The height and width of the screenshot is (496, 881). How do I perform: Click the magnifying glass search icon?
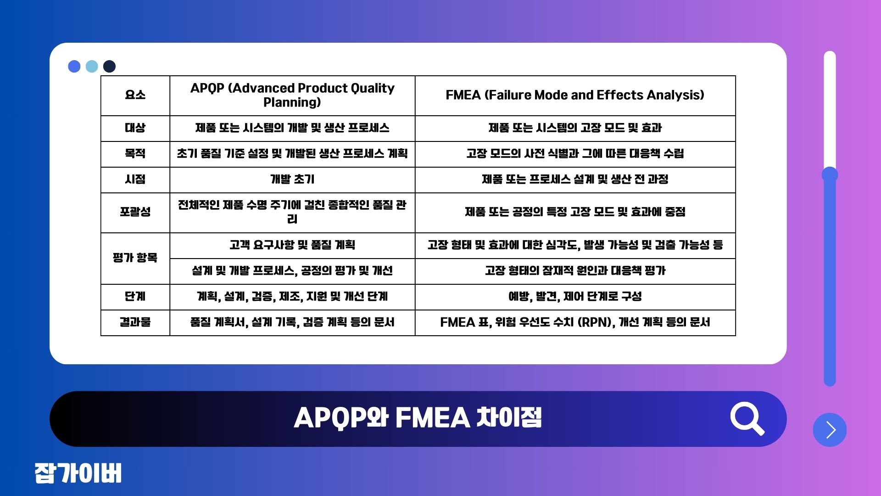coord(746,417)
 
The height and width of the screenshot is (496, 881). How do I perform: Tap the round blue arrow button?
coord(830,430)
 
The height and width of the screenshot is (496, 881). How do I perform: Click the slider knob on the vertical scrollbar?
coord(830,175)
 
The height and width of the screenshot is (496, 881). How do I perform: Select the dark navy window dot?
coord(109,66)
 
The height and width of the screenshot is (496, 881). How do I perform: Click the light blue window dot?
coord(92,66)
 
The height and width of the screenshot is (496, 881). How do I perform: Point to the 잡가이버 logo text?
coord(78,473)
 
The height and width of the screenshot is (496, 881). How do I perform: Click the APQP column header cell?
coord(292,95)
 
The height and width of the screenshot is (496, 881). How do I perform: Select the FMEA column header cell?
coord(575,95)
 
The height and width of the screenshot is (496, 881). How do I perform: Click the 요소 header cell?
coord(135,95)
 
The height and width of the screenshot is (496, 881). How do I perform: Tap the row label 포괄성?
coord(135,212)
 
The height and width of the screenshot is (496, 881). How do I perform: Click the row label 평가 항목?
coord(135,258)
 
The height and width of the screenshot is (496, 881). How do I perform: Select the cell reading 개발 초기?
coord(292,179)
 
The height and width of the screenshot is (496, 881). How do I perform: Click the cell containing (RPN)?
coord(575,322)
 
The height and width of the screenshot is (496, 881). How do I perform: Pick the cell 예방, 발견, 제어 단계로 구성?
coord(575,296)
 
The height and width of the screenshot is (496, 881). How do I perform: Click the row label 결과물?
coord(135,322)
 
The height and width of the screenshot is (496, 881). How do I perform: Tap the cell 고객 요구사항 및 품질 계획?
coord(292,245)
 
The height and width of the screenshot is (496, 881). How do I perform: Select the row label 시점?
coord(135,179)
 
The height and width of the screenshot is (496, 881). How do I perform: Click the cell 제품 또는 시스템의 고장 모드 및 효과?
coord(575,128)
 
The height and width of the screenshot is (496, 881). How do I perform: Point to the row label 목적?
coord(135,153)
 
